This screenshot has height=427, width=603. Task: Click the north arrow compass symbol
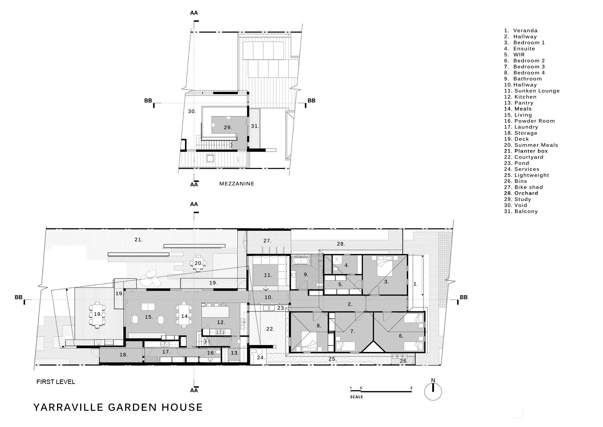(433, 390)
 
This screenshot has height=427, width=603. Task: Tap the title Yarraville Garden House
(118, 407)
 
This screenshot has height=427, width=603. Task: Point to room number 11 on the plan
(268, 275)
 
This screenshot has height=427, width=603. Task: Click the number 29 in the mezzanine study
(227, 127)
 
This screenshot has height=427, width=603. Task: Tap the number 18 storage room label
(123, 355)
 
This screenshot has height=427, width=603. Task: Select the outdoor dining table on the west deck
(97, 314)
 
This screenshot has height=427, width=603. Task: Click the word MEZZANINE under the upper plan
(237, 184)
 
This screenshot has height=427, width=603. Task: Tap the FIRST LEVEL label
(56, 382)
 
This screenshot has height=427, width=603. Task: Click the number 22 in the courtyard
(270, 329)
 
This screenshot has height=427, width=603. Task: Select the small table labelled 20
(198, 263)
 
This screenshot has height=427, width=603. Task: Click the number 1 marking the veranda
(415, 284)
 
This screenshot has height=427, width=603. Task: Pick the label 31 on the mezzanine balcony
(254, 126)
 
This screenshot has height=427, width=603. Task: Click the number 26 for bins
(404, 361)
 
